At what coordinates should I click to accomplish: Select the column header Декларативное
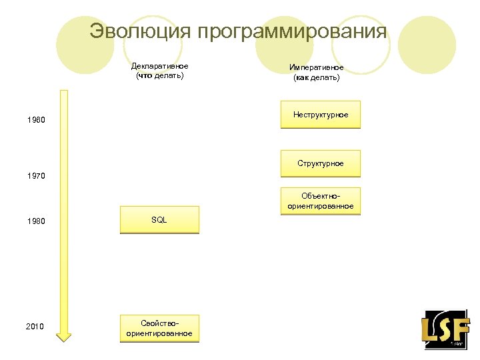pyautogui.click(x=159, y=66)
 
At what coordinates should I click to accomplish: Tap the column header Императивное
pyautogui.click(x=317, y=67)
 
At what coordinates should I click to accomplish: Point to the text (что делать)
pyautogui.click(x=159, y=75)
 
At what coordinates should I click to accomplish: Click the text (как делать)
pyautogui.click(x=317, y=77)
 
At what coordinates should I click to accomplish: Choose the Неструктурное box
pyautogui.click(x=320, y=115)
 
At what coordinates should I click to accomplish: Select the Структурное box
pyautogui.click(x=320, y=163)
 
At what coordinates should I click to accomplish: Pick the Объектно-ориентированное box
pyautogui.click(x=320, y=201)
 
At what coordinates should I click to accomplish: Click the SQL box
pyautogui.click(x=159, y=220)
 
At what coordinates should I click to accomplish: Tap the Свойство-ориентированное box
pyautogui.click(x=159, y=328)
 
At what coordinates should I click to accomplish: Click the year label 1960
pyautogui.click(x=36, y=121)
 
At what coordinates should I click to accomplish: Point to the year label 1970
pyautogui.click(x=36, y=176)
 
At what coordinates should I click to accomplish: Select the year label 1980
pyautogui.click(x=36, y=221)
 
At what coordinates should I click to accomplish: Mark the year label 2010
pyautogui.click(x=35, y=327)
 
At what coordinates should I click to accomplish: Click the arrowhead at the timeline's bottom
pyautogui.click(x=63, y=336)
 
